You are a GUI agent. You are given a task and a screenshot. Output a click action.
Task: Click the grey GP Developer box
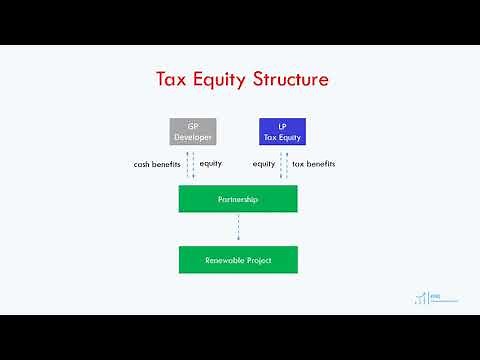193,131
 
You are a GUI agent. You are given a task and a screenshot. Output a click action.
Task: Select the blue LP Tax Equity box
282,131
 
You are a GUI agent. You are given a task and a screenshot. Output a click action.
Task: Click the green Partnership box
238,199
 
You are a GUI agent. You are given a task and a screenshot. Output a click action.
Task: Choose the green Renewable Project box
238,260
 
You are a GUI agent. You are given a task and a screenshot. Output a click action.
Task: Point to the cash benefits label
157,163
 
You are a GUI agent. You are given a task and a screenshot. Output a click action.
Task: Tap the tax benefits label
313,163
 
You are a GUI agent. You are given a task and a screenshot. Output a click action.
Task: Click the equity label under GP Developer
211,163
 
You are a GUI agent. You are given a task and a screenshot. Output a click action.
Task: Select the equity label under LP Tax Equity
264,163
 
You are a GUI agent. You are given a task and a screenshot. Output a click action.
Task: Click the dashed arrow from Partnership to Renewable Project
238,229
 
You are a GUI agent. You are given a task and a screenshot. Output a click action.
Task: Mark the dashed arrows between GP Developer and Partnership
191,165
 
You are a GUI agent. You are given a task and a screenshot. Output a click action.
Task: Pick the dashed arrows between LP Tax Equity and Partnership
283,165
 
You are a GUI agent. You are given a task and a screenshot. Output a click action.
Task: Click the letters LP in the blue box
282,125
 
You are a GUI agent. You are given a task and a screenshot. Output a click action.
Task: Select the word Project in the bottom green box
259,260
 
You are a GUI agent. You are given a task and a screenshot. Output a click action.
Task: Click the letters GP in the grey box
193,125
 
